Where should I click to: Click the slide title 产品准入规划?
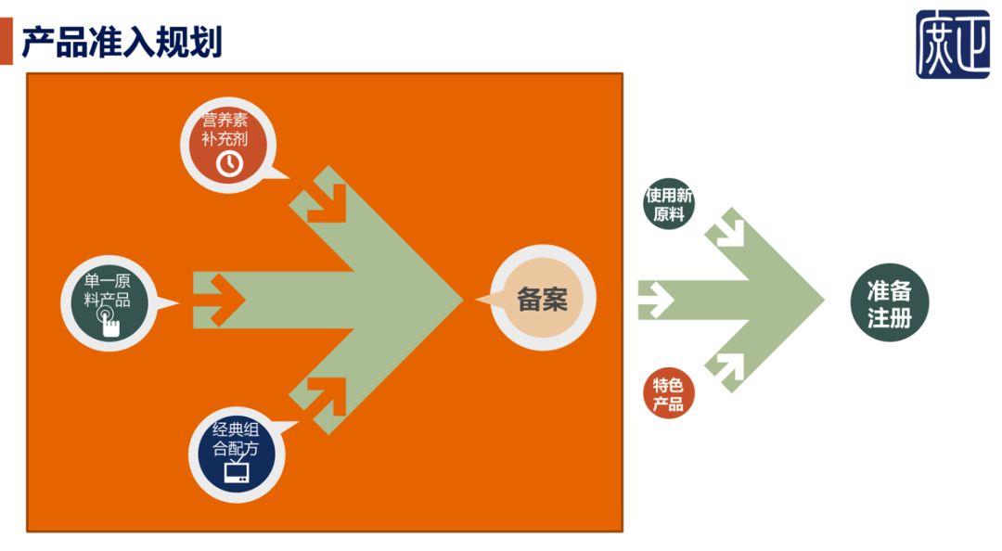tap(122, 42)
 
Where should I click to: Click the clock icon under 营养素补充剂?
tap(228, 163)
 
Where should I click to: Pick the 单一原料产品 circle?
tap(108, 302)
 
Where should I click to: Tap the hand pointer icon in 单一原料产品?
tap(109, 322)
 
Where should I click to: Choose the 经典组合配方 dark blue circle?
tap(237, 454)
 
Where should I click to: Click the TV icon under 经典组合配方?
tap(237, 472)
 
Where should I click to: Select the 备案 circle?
tap(542, 299)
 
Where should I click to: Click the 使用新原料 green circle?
tap(669, 205)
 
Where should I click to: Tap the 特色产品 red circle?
tap(669, 394)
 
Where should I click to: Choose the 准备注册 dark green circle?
tap(890, 302)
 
